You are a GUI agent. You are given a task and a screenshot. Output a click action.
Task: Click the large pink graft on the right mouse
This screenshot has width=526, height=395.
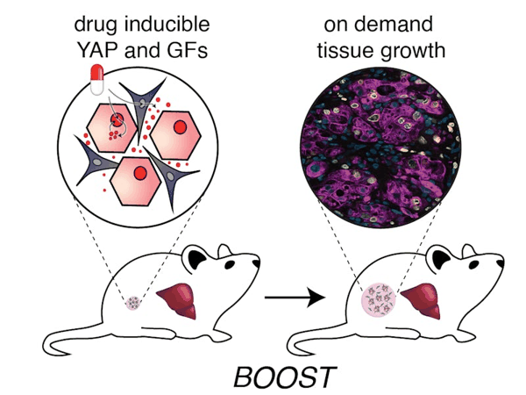click(x=380, y=304)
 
